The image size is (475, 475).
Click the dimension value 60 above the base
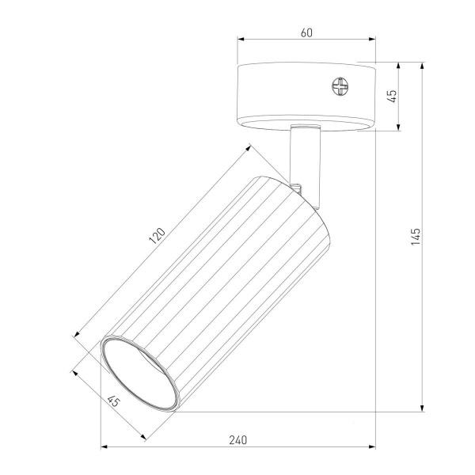pos(307,32)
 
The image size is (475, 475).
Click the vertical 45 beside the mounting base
pos(391,96)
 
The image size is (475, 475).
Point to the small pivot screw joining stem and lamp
pos(298,188)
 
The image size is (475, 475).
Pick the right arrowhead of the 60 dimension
pos(371,40)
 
